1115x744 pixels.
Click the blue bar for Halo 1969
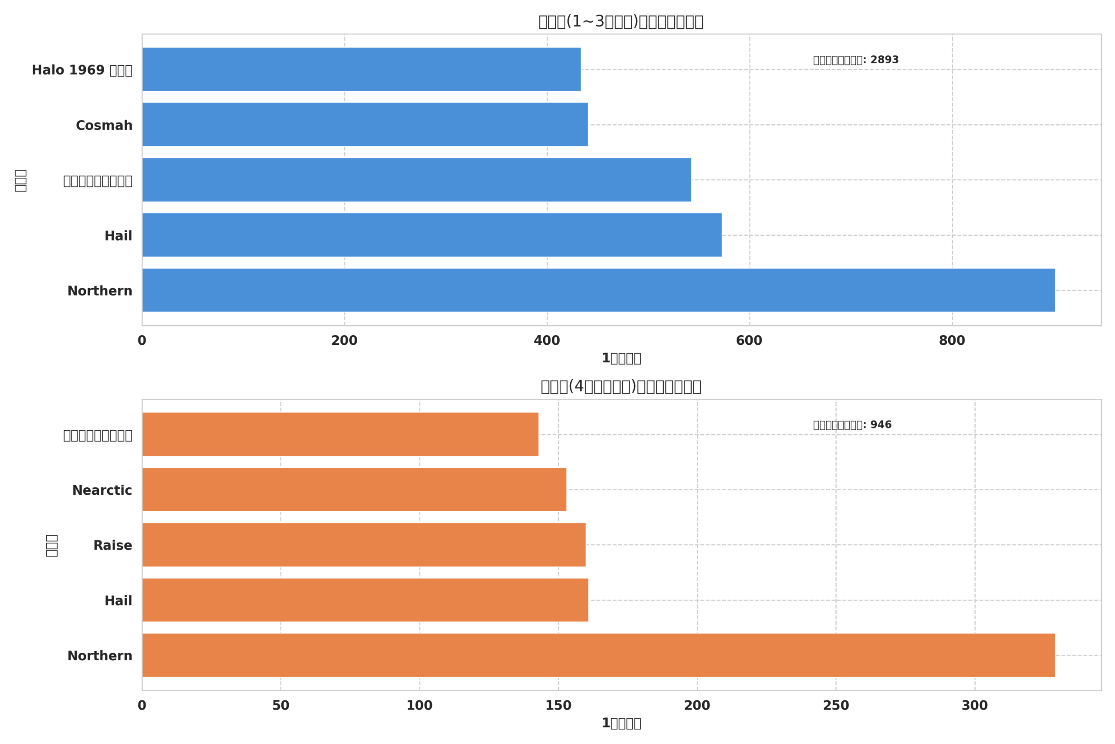tap(361, 69)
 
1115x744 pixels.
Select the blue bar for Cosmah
tap(365, 124)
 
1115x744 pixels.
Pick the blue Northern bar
tap(598, 290)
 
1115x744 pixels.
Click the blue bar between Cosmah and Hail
tap(416, 180)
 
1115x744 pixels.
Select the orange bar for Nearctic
tap(354, 489)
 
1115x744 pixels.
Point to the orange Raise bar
tap(364, 545)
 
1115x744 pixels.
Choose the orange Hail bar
tap(365, 600)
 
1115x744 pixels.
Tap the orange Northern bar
tap(598, 655)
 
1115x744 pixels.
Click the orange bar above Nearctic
tap(340, 434)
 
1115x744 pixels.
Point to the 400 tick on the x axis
tap(547, 341)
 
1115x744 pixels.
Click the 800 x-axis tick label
tap(952, 341)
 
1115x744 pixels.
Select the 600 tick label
tap(749, 341)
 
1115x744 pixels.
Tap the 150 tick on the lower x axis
tap(558, 706)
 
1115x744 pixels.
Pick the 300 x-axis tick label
tap(975, 706)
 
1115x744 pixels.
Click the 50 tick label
tap(280, 706)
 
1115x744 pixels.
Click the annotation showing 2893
tap(856, 60)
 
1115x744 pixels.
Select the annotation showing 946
tap(852, 425)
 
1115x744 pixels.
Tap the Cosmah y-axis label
tap(104, 125)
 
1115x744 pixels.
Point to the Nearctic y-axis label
tap(102, 490)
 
